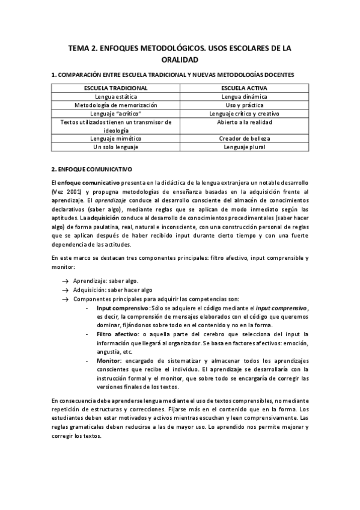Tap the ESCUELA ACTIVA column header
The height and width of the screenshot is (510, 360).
(244, 88)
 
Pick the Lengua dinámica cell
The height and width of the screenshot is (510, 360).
(244, 96)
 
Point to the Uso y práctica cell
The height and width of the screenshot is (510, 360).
(244, 105)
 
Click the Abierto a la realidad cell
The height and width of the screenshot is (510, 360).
(244, 121)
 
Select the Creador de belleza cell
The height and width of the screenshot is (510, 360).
(244, 138)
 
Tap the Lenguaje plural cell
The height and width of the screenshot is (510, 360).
(244, 147)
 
